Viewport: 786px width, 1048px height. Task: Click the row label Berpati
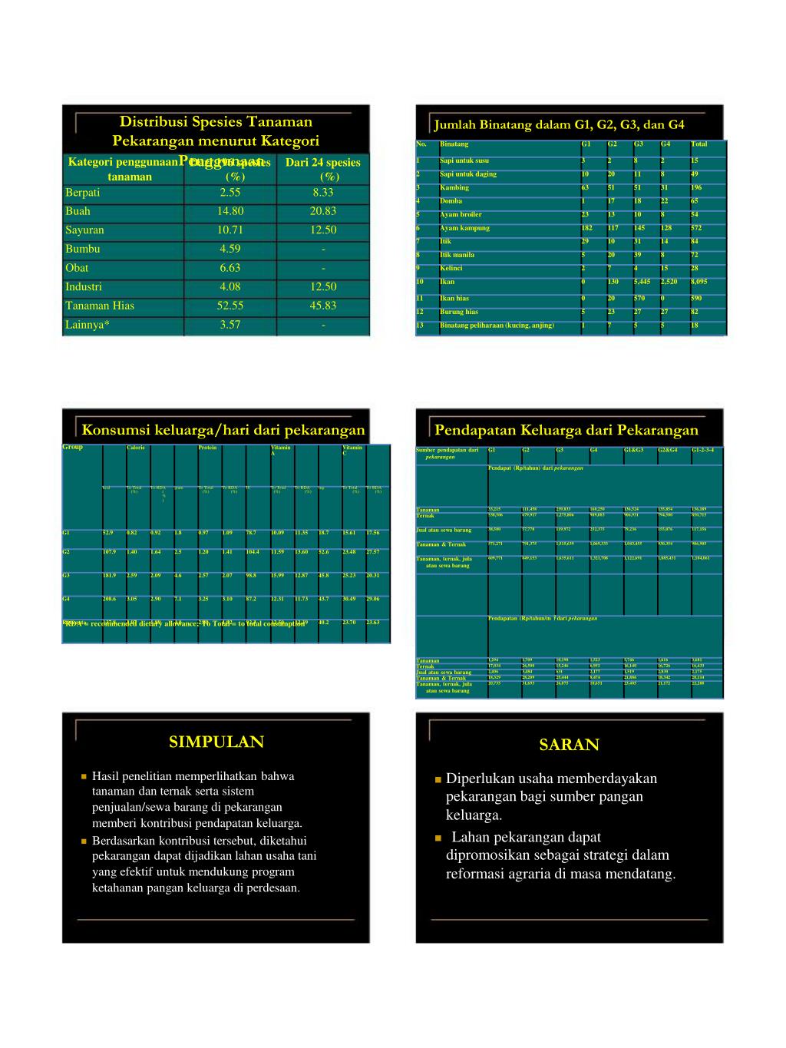pos(83,193)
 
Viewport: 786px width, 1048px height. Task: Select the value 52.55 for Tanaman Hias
pos(230,306)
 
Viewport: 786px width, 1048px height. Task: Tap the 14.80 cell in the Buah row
pos(230,211)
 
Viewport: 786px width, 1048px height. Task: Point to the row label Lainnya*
pos(88,325)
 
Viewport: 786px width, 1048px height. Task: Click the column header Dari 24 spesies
pos(322,163)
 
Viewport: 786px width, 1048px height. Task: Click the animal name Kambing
pos(454,187)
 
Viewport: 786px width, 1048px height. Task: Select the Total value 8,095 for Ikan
pos(698,282)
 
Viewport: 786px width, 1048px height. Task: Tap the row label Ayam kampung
pos(464,228)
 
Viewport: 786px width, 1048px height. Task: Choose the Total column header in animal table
pos(698,144)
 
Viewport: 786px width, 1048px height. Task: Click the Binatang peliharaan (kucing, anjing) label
pos(497,326)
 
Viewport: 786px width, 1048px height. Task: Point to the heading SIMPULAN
pos(216,742)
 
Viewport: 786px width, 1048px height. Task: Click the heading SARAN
pos(569,745)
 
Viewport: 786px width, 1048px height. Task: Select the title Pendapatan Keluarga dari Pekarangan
pos(566,430)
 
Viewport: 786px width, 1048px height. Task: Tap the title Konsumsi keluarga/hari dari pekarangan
pos(223,430)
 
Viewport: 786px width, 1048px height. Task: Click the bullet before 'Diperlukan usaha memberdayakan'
pos(438,780)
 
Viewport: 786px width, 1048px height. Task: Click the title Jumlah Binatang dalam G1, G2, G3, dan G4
pos(559,125)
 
